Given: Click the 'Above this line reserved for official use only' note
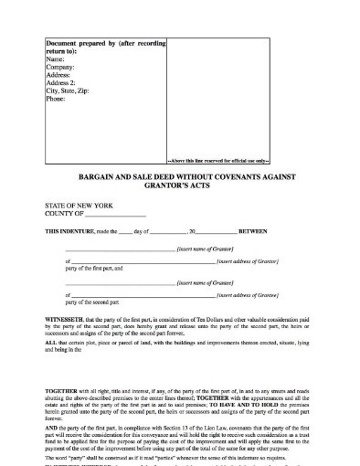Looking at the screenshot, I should point(219,160).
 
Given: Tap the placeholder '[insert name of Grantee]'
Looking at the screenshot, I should point(203,284).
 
